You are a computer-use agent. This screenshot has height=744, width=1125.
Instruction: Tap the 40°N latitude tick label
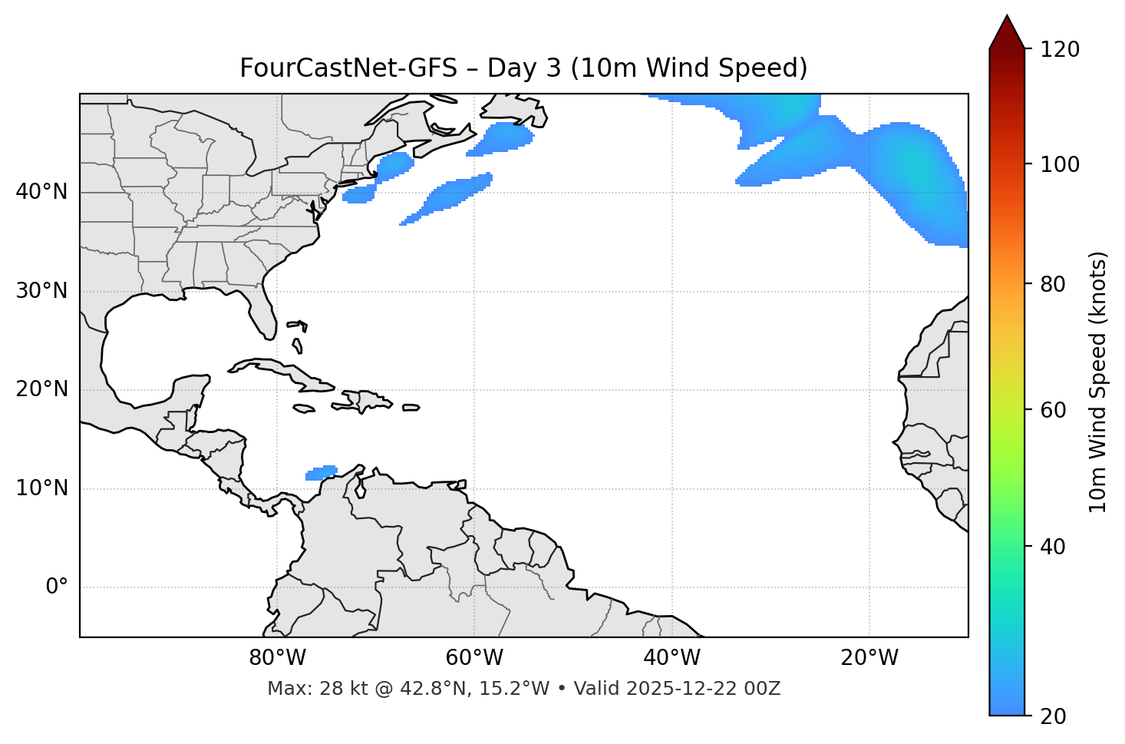click(x=41, y=192)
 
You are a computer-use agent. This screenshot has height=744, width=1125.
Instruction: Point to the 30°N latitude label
click(x=41, y=291)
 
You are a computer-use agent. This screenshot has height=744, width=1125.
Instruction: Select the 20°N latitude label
click(x=41, y=389)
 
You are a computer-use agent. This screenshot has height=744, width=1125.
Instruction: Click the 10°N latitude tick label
click(x=41, y=488)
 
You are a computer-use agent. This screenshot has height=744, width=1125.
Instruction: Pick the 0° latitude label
click(x=57, y=587)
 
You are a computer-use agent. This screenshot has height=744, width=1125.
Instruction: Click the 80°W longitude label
click(x=277, y=658)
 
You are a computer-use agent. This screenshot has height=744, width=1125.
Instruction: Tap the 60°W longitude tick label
click(x=474, y=658)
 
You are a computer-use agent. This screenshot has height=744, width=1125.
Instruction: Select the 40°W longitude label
click(x=671, y=658)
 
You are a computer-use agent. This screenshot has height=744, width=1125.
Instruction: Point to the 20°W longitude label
click(x=869, y=658)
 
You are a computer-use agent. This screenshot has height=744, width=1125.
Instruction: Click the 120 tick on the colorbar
click(x=1061, y=50)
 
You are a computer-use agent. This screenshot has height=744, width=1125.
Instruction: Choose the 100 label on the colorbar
click(x=1061, y=164)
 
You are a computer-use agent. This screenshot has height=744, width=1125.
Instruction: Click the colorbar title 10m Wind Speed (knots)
click(x=1098, y=382)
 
